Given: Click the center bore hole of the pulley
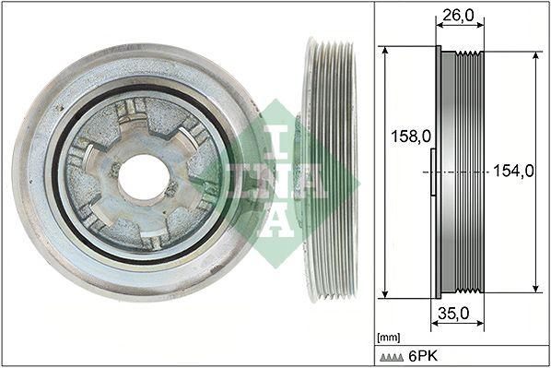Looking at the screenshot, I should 142,177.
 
